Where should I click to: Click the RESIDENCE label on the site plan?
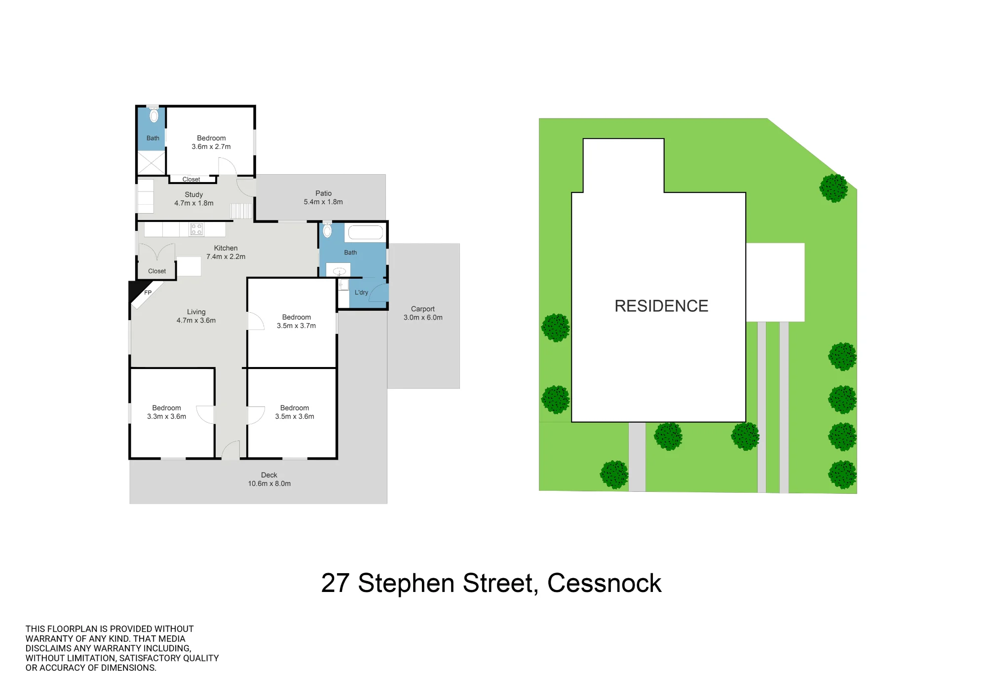[661, 306]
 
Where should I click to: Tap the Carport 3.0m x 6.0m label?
[423, 313]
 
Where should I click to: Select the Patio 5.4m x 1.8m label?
[323, 198]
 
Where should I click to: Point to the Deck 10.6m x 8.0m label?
[269, 479]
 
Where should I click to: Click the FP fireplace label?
[148, 293]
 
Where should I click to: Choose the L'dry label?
[361, 293]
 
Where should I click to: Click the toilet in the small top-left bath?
[154, 114]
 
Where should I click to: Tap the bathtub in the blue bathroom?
[366, 232]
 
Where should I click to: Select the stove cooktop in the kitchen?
[196, 229]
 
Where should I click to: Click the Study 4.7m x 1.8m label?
[194, 199]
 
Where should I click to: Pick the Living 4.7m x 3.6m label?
[196, 316]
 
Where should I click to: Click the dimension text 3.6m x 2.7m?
[211, 147]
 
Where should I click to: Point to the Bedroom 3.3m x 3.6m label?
[166, 412]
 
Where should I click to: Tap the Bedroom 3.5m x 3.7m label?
[296, 322]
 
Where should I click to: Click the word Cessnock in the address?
[604, 583]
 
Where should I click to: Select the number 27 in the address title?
[336, 583]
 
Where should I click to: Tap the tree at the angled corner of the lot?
[834, 188]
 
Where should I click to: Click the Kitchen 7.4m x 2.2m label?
[226, 253]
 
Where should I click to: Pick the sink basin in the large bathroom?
[339, 271]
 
